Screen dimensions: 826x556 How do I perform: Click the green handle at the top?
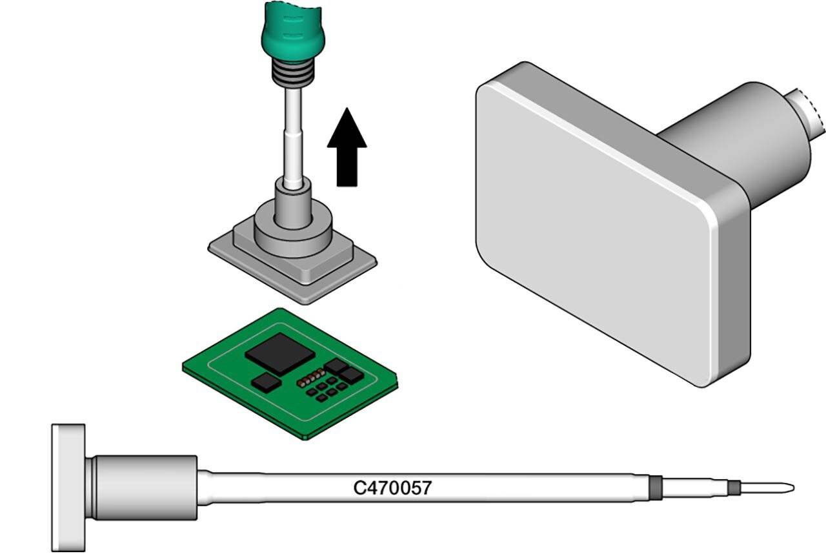pyautogui.click(x=293, y=32)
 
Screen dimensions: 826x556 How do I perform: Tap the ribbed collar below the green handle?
pyautogui.click(x=293, y=74)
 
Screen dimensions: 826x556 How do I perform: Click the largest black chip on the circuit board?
pyautogui.click(x=280, y=353)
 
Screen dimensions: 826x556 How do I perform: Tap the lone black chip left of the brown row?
pyautogui.click(x=267, y=382)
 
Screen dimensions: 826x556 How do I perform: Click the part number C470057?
pyautogui.click(x=392, y=488)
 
